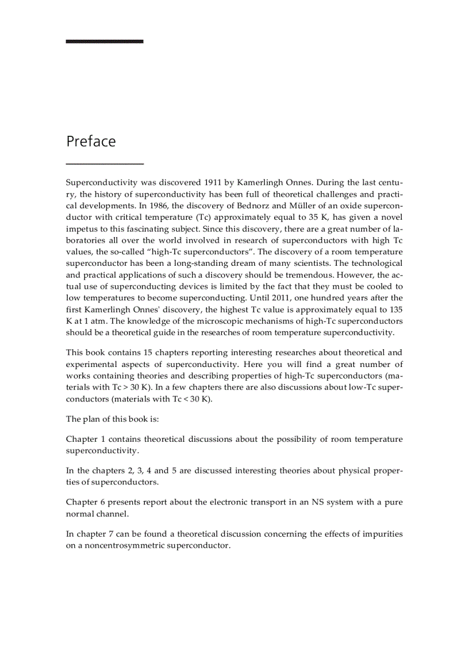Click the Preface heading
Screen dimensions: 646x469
pyautogui.click(x=91, y=142)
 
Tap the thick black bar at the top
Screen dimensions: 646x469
pyautogui.click(x=105, y=41)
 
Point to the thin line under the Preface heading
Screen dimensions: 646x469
pyautogui.click(x=105, y=164)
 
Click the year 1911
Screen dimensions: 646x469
pyautogui.click(x=206, y=182)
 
